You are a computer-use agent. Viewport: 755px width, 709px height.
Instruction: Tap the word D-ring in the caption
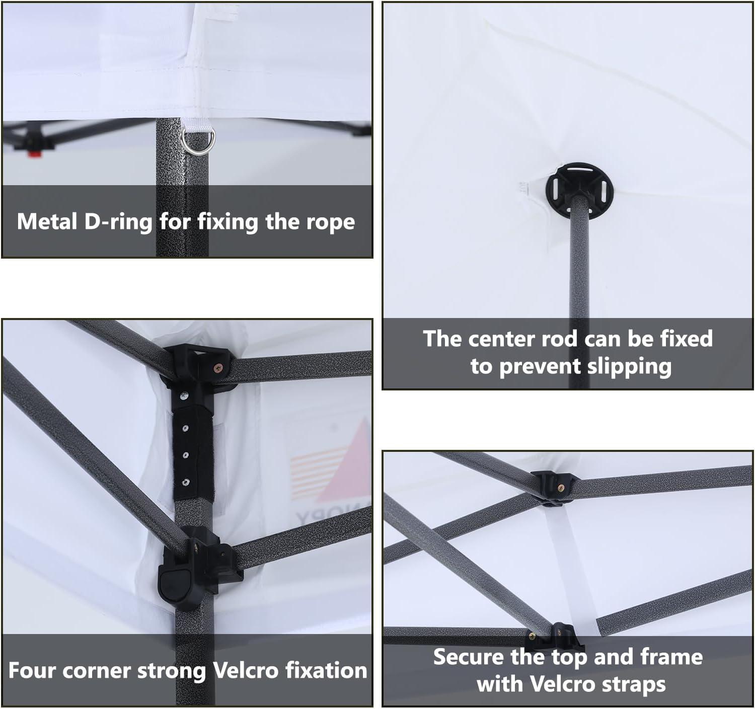click(x=118, y=221)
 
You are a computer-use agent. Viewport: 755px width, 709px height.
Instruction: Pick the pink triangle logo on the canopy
click(x=355, y=443)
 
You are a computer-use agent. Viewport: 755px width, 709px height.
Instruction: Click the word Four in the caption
click(x=33, y=671)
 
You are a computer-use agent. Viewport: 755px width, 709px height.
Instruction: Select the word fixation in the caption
click(x=326, y=671)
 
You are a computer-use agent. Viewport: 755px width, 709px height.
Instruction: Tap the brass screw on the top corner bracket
click(x=219, y=367)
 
